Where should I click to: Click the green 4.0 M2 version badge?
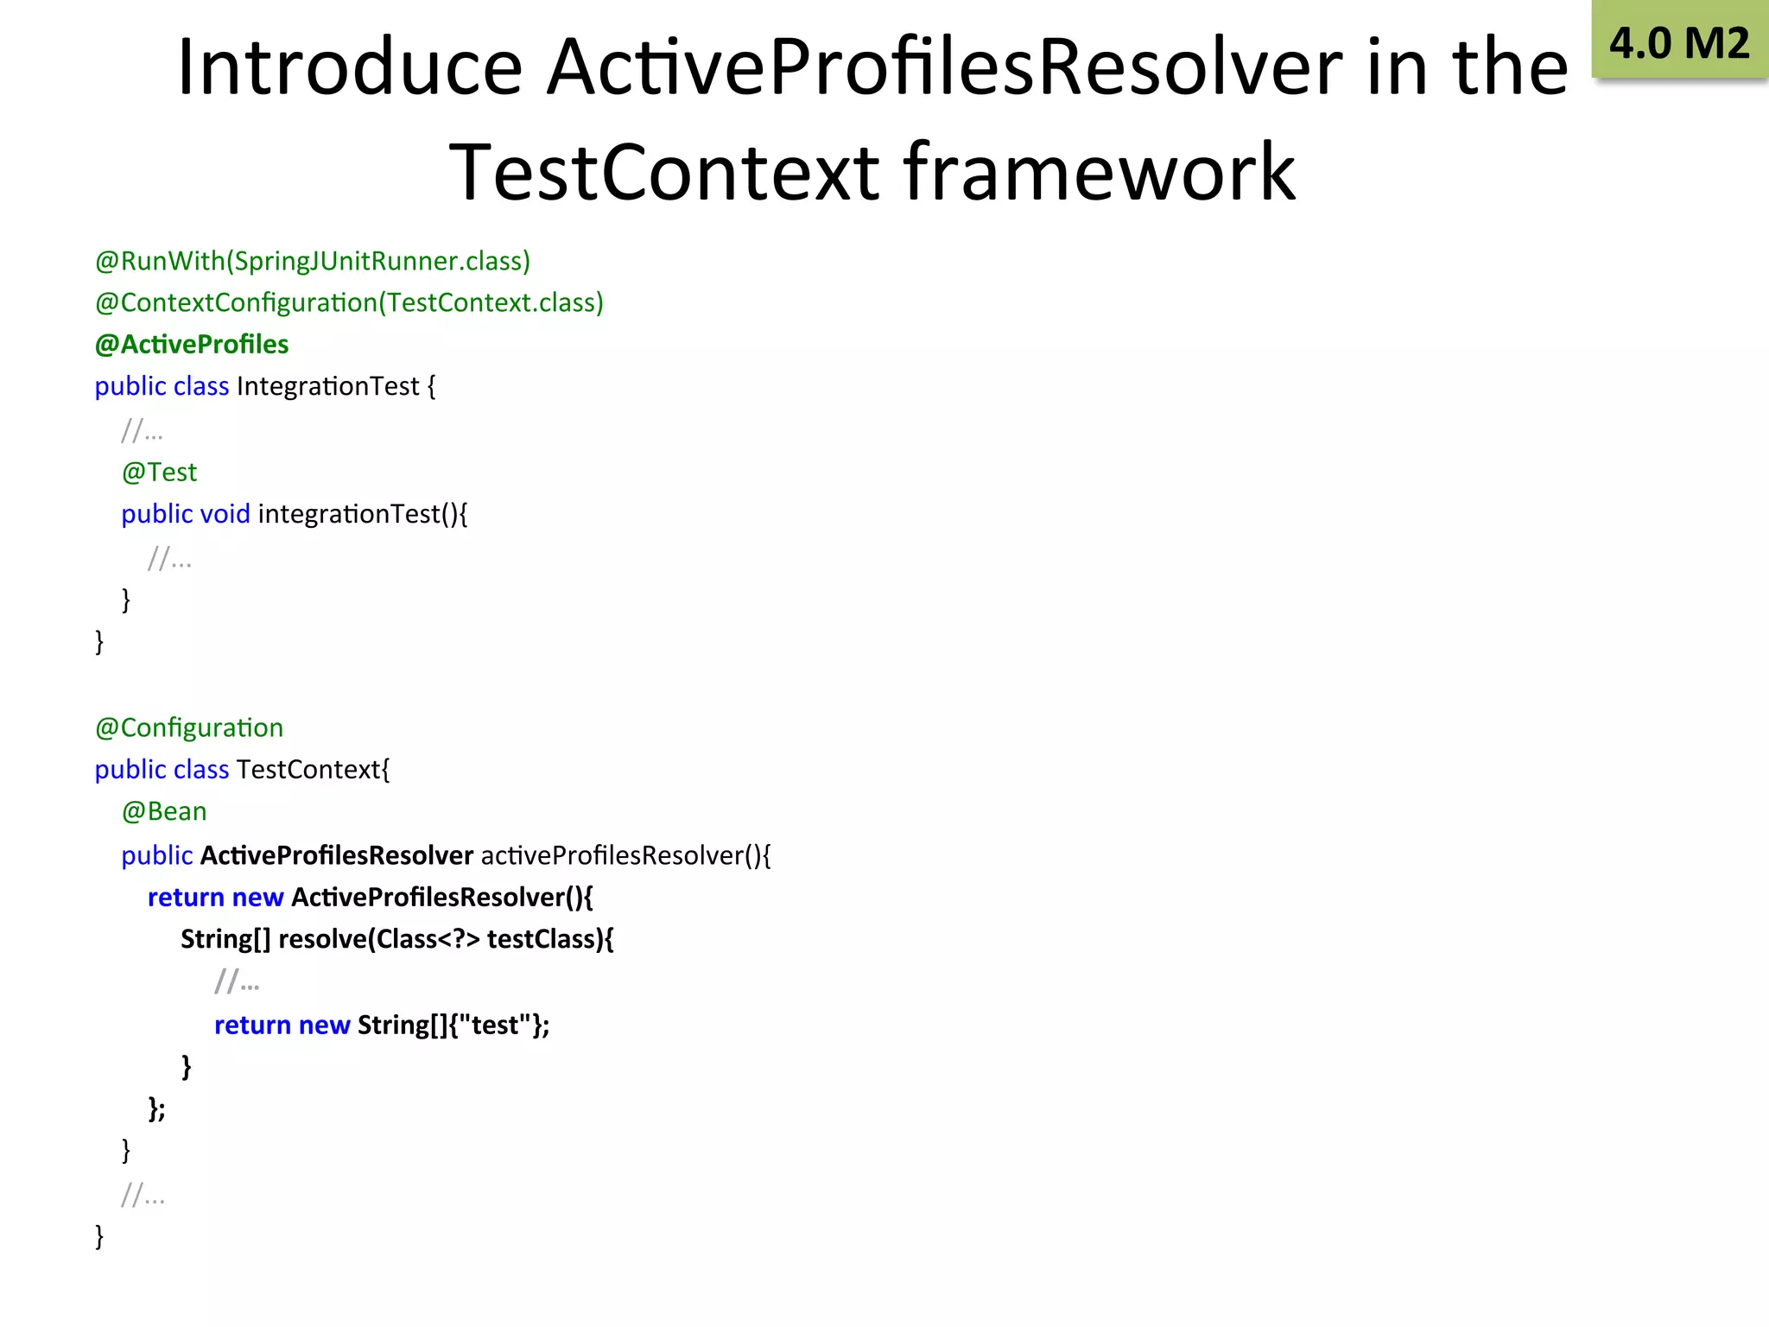point(1679,41)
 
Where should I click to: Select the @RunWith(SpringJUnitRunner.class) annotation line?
point(313,261)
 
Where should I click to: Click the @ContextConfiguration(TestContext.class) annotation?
point(349,302)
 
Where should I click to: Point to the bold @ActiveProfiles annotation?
point(192,344)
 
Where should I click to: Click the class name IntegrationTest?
point(327,386)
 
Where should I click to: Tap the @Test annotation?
point(159,472)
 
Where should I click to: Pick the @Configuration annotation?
point(189,727)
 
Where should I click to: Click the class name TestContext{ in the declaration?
point(313,770)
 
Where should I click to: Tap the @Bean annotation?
point(164,811)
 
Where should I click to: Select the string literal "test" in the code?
point(495,1025)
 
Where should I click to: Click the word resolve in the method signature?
point(321,939)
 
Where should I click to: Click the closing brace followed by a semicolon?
point(156,1108)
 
